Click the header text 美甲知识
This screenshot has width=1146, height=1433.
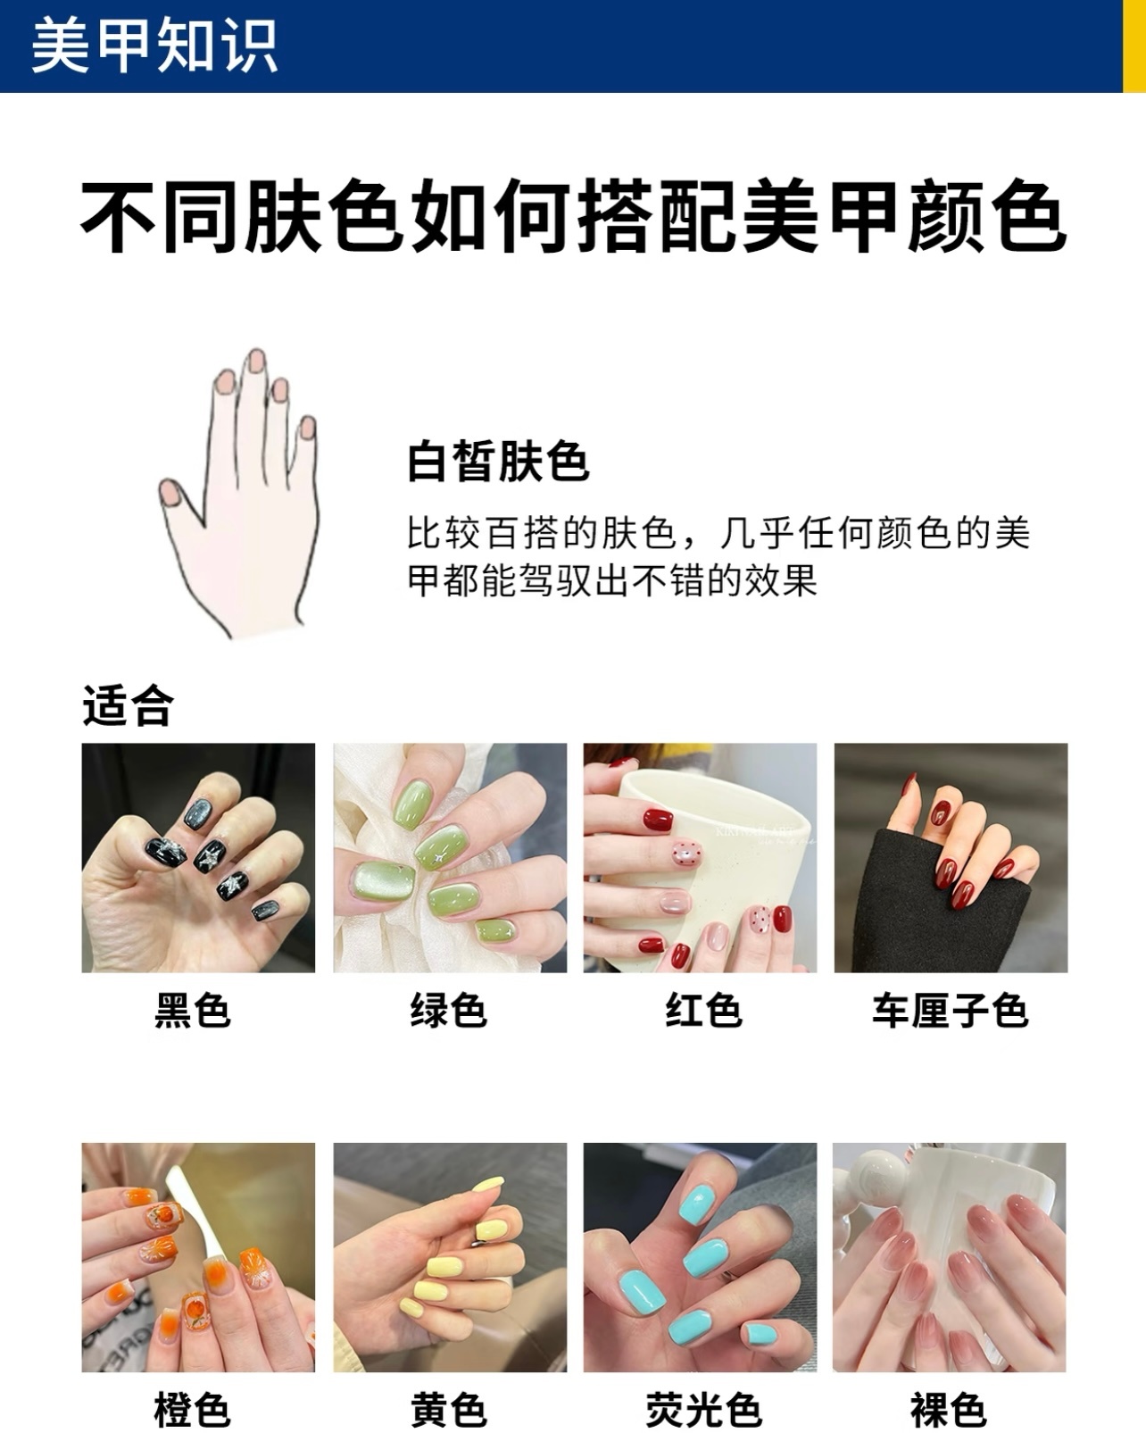tap(154, 46)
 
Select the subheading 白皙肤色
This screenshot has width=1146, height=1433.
tap(498, 461)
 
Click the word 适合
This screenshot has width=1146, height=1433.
tap(128, 705)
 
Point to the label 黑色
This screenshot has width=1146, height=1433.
tap(193, 1010)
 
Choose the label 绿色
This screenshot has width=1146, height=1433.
tap(449, 1010)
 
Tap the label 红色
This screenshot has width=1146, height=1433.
tap(704, 1010)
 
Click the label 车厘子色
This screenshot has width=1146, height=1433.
tap(951, 1010)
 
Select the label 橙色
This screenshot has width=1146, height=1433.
tap(193, 1410)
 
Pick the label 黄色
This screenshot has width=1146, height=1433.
tap(449, 1410)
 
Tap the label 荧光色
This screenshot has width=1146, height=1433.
tap(704, 1410)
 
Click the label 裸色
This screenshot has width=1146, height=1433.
tap(948, 1410)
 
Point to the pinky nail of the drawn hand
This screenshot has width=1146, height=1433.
tap(308, 428)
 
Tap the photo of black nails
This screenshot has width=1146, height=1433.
tap(198, 858)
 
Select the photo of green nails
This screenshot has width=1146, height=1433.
tap(450, 858)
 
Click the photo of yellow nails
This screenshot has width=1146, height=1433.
tap(450, 1257)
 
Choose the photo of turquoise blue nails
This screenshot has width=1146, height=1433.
tap(700, 1257)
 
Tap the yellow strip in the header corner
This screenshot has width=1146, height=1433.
tap(1134, 46)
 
